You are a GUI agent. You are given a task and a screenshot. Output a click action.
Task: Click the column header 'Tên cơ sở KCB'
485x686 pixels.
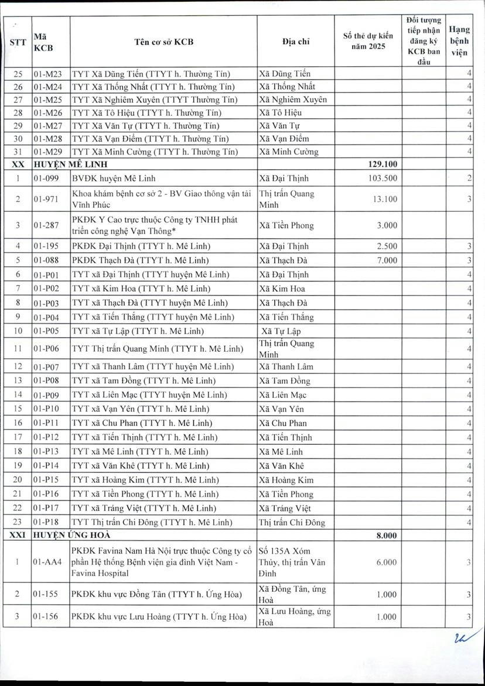click(x=163, y=42)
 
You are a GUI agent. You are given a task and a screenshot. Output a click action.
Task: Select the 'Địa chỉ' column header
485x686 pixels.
click(x=296, y=42)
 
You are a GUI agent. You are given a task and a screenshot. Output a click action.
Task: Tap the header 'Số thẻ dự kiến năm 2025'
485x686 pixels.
click(x=368, y=42)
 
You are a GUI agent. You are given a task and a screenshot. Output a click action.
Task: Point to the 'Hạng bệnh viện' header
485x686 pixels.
click(x=459, y=41)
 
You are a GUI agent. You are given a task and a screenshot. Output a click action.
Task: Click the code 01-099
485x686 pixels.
click(x=45, y=179)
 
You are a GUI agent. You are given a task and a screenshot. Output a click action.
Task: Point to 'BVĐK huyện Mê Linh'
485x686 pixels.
click(x=114, y=179)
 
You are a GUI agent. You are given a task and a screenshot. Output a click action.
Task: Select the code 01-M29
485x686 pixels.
click(x=47, y=152)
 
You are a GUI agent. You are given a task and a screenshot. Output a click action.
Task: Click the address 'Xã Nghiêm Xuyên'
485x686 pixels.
click(x=293, y=100)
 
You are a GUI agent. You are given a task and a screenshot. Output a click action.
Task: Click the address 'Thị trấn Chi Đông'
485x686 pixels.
click(x=292, y=523)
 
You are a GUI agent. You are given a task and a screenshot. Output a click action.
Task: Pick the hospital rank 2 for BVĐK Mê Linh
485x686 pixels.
click(x=470, y=179)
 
